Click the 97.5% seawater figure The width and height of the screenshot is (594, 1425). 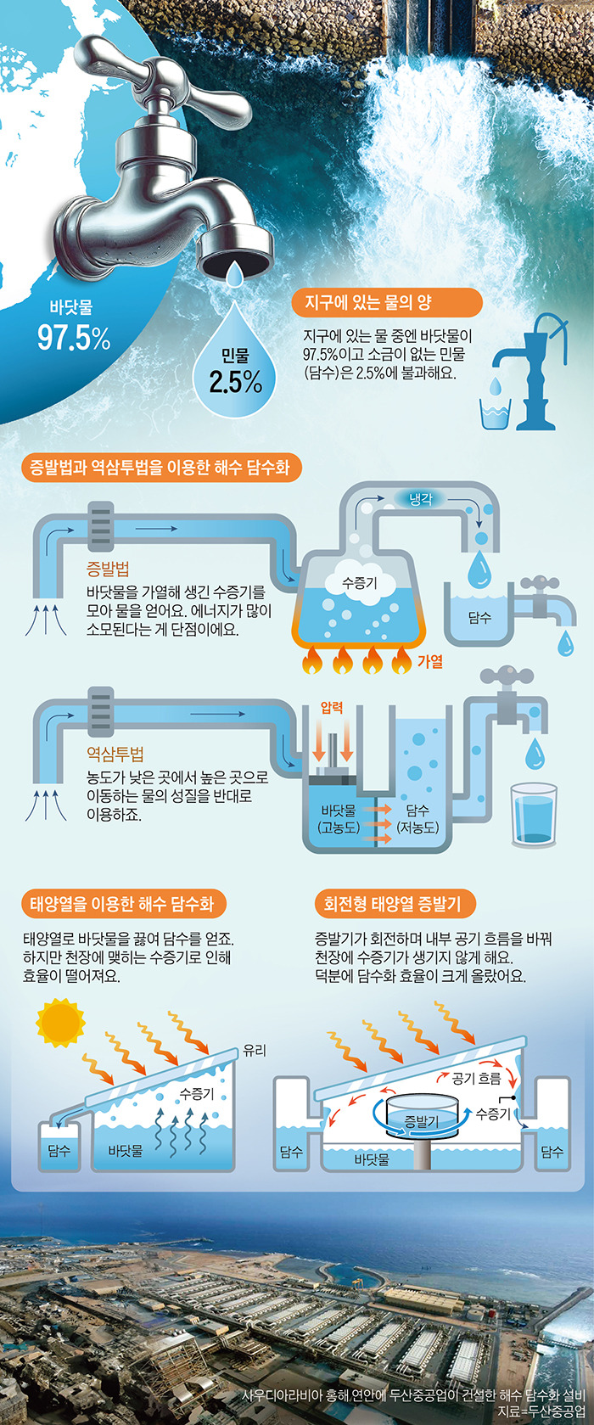pos(74,338)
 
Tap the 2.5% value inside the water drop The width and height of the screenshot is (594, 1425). pos(235,382)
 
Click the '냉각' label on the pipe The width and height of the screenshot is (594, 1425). pos(421,499)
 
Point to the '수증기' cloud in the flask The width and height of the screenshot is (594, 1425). pos(359,583)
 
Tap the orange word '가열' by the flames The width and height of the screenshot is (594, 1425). pos(430,659)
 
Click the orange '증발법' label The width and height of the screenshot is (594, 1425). pos(108,569)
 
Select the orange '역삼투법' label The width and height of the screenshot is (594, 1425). pos(115,754)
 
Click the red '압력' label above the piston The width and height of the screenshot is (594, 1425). pos(332,707)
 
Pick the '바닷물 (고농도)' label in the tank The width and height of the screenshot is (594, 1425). pos(339,818)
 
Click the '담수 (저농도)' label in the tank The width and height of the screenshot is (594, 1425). pos(417,818)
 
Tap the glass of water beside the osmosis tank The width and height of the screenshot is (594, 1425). pos(533,815)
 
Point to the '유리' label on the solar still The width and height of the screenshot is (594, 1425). pos(255,1050)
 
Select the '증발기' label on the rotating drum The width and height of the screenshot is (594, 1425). pos(422,1121)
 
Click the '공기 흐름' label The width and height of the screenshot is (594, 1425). pos(476,1078)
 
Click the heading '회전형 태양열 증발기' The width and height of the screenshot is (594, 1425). pos(392,903)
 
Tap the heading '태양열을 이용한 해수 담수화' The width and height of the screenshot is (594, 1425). pos(123,903)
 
